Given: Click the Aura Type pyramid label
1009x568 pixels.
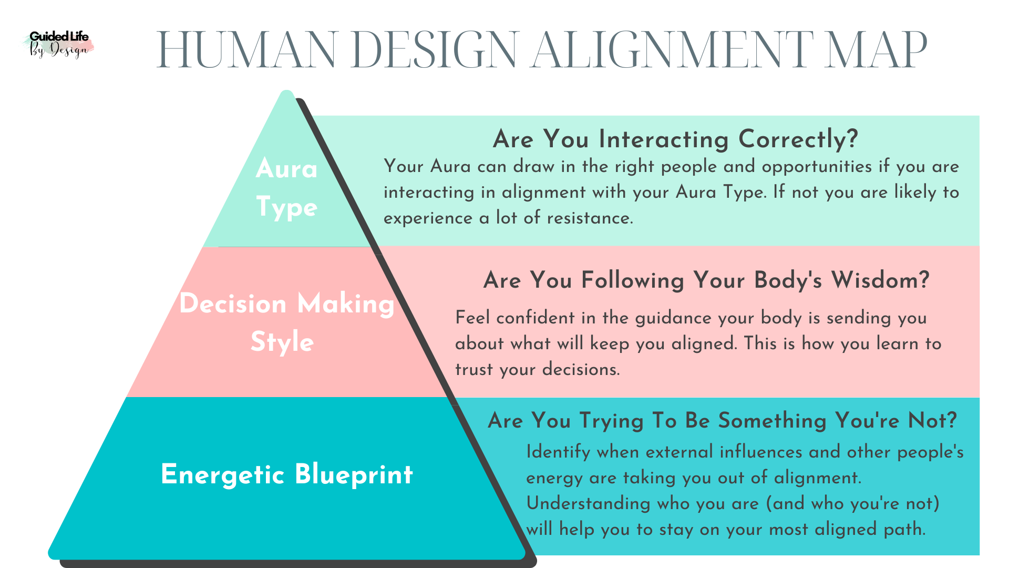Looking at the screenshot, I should click(x=287, y=187).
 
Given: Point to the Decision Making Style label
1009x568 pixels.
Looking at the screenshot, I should click(x=286, y=322).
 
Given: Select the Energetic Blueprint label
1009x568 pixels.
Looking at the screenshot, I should click(x=287, y=474).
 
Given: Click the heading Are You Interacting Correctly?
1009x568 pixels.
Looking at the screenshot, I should click(x=675, y=139).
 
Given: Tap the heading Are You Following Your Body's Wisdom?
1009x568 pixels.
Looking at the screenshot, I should click(x=706, y=280).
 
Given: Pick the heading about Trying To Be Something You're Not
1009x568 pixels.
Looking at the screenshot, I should click(x=722, y=421).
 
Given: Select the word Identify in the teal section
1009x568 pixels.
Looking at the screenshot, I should click(x=558, y=452).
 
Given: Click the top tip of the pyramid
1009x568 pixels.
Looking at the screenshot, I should click(x=286, y=94).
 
